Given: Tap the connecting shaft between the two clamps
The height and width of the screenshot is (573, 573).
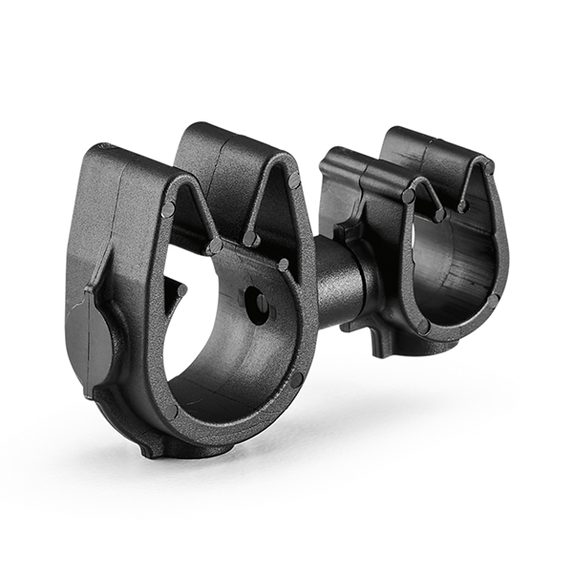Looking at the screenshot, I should (x=340, y=282).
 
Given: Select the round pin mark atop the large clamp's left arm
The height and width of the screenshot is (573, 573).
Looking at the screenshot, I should (x=168, y=209).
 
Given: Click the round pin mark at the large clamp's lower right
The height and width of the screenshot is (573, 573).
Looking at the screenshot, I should (x=297, y=379).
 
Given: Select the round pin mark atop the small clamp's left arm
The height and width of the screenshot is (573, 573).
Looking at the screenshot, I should (x=409, y=196).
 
